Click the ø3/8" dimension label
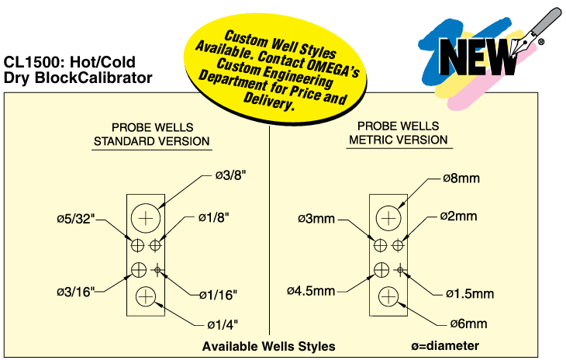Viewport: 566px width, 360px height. tap(231, 176)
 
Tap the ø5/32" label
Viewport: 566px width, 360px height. tap(75, 219)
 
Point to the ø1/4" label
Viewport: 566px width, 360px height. tap(223, 323)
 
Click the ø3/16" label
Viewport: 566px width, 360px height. tap(75, 292)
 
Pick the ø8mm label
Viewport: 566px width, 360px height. tap(461, 178)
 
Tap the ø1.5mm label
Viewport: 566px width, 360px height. tap(469, 294)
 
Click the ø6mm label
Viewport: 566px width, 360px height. tap(468, 323)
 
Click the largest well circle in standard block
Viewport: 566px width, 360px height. tap(145, 218)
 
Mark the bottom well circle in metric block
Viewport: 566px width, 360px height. tap(388, 296)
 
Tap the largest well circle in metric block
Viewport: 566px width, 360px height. tap(388, 218)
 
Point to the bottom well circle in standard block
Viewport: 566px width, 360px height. tap(145, 296)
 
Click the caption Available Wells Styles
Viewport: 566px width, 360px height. tap(268, 347)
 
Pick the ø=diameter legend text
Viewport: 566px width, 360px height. tap(445, 346)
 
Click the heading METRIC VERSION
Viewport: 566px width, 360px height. tap(398, 140)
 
